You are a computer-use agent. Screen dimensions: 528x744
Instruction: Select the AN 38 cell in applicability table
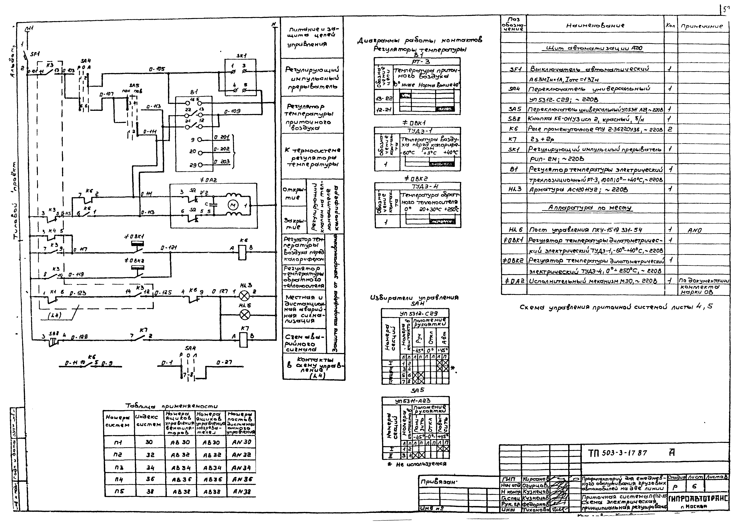[x=242, y=492]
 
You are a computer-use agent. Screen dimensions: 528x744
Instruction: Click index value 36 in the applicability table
[x=150, y=479]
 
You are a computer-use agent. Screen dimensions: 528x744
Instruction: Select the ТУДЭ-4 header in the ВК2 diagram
[x=417, y=186]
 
